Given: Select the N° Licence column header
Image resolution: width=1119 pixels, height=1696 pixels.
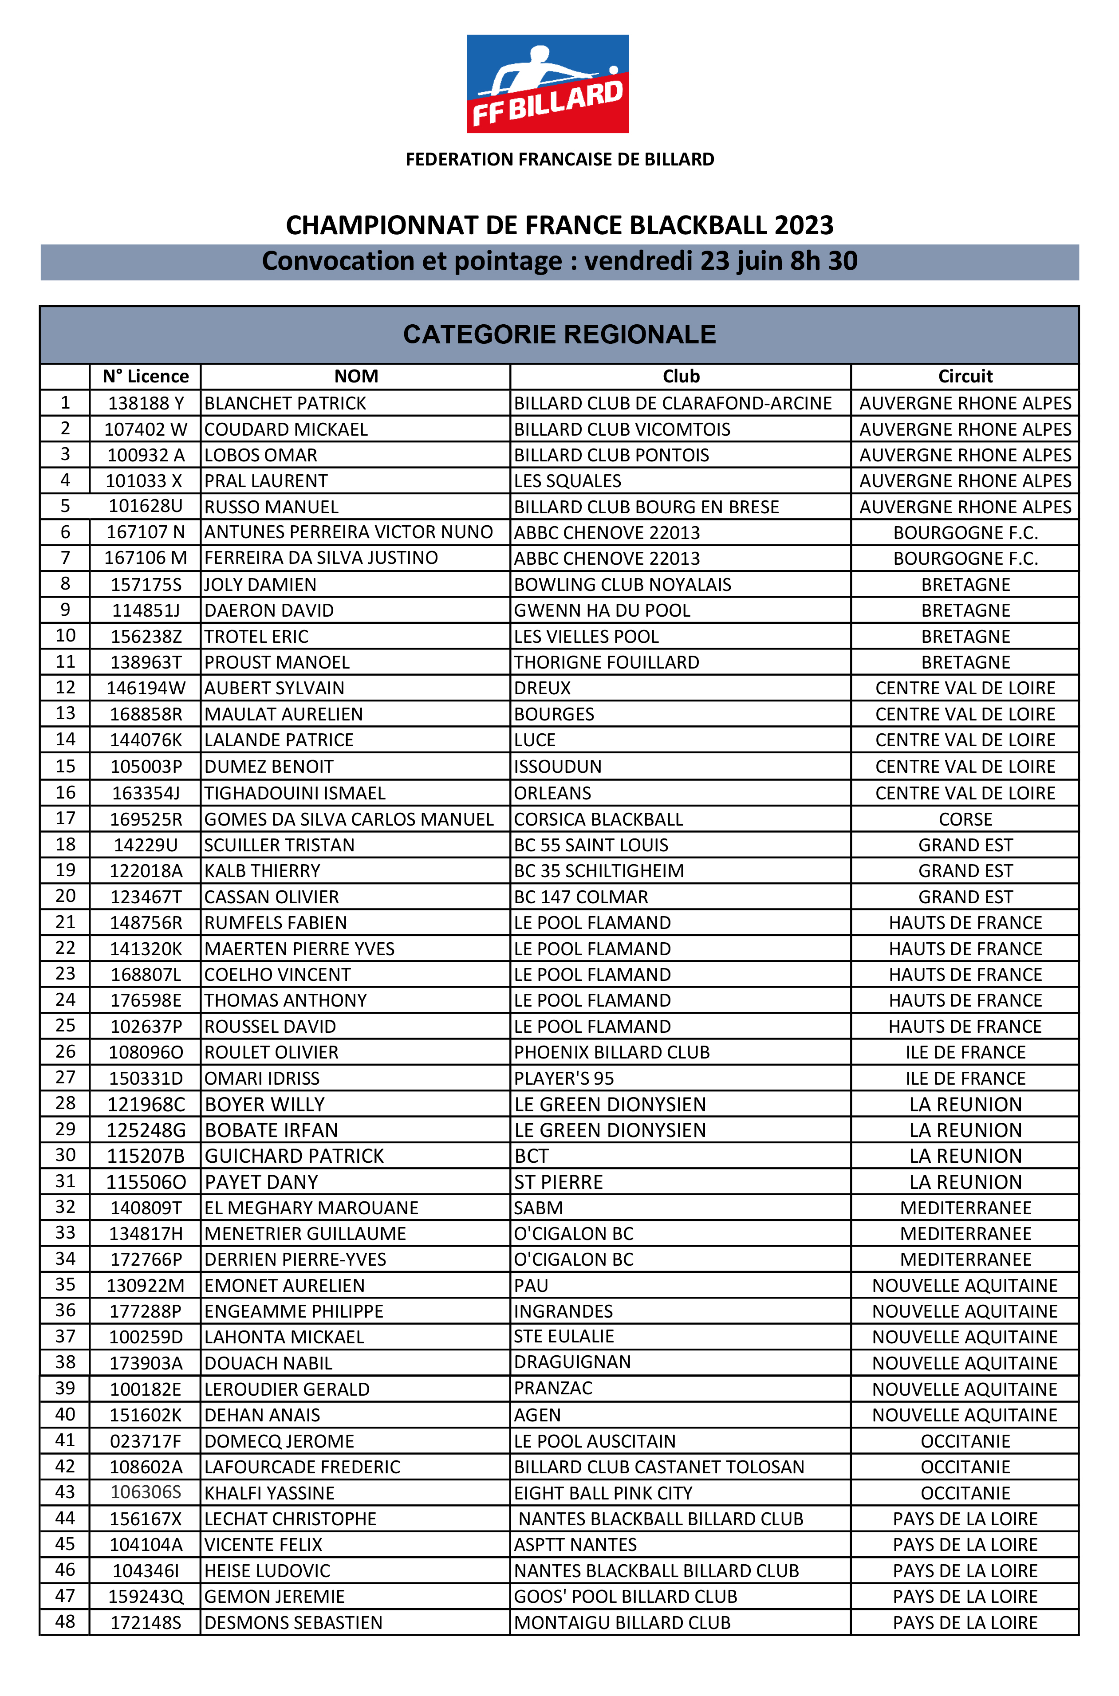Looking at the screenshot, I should click(146, 376).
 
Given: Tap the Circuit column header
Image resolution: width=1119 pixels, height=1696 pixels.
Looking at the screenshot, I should click(965, 376).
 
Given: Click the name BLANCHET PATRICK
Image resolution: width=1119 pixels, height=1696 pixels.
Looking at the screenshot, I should click(285, 403).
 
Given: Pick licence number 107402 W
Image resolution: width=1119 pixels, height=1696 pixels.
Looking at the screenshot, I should click(146, 429).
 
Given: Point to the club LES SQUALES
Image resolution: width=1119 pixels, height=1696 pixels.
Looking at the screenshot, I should click(567, 481).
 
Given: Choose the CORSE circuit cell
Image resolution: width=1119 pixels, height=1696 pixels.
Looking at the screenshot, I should click(965, 819).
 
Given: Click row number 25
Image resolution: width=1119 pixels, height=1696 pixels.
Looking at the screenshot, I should click(65, 1025).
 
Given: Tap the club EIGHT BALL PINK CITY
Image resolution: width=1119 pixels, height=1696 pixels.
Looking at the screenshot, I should click(603, 1493).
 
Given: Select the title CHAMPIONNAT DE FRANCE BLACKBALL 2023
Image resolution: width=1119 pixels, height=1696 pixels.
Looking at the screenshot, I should click(559, 225).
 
